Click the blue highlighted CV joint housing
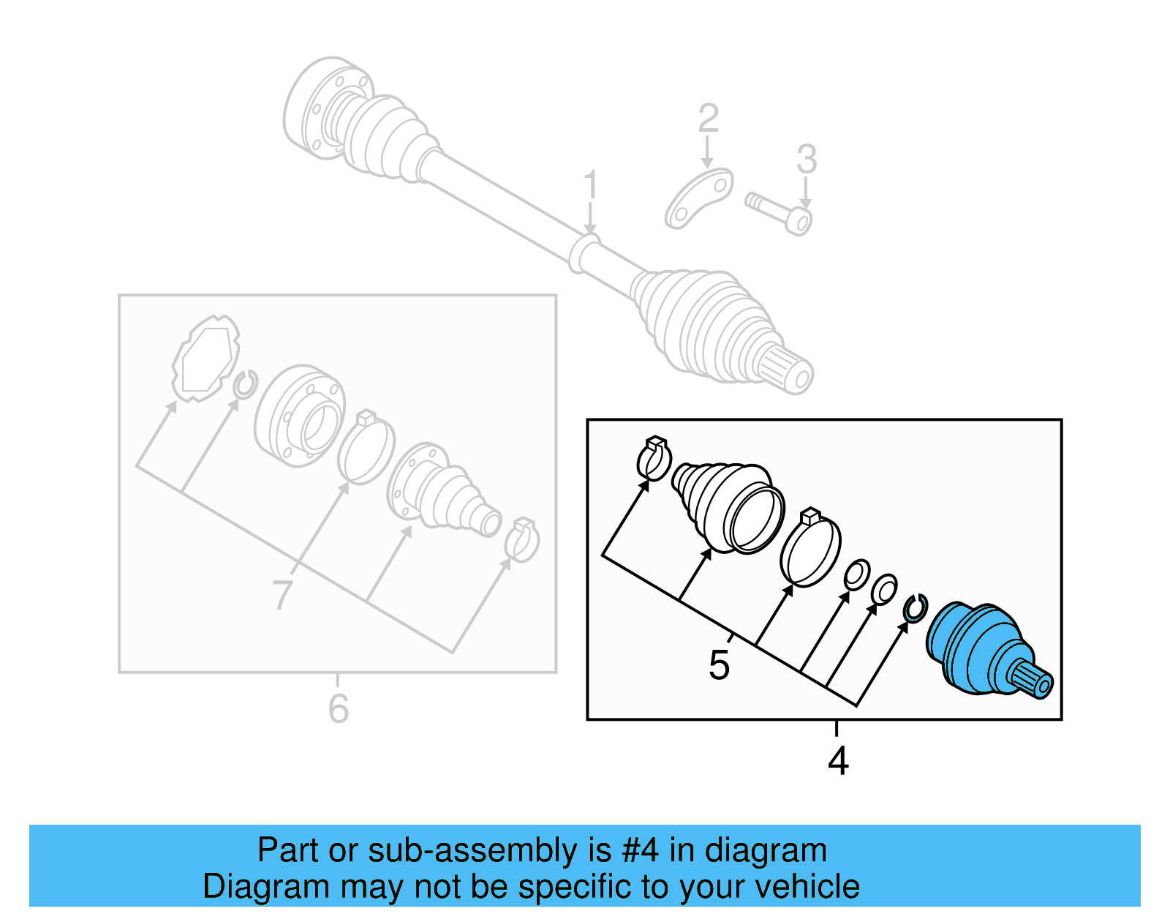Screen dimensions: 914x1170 pyautogui.click(x=976, y=648)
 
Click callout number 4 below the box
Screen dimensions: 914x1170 pyautogui.click(x=838, y=761)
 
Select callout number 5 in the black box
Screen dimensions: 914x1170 pyautogui.click(x=719, y=665)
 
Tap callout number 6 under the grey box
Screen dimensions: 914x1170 pyautogui.click(x=338, y=708)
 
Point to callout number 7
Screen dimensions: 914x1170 pyautogui.click(x=282, y=595)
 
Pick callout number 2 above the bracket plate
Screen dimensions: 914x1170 pyautogui.click(x=708, y=119)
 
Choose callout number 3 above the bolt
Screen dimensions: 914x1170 pyautogui.click(x=806, y=159)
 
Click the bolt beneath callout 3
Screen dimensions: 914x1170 pyautogui.click(x=780, y=212)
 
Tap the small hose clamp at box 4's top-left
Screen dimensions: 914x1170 pyautogui.click(x=653, y=459)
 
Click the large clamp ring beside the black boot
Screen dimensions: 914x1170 pyautogui.click(x=810, y=549)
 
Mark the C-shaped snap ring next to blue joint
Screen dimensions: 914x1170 pyautogui.click(x=915, y=609)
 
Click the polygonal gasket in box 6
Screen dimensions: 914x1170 pyautogui.click(x=205, y=359)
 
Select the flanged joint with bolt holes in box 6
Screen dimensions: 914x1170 pyautogui.click(x=300, y=416)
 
